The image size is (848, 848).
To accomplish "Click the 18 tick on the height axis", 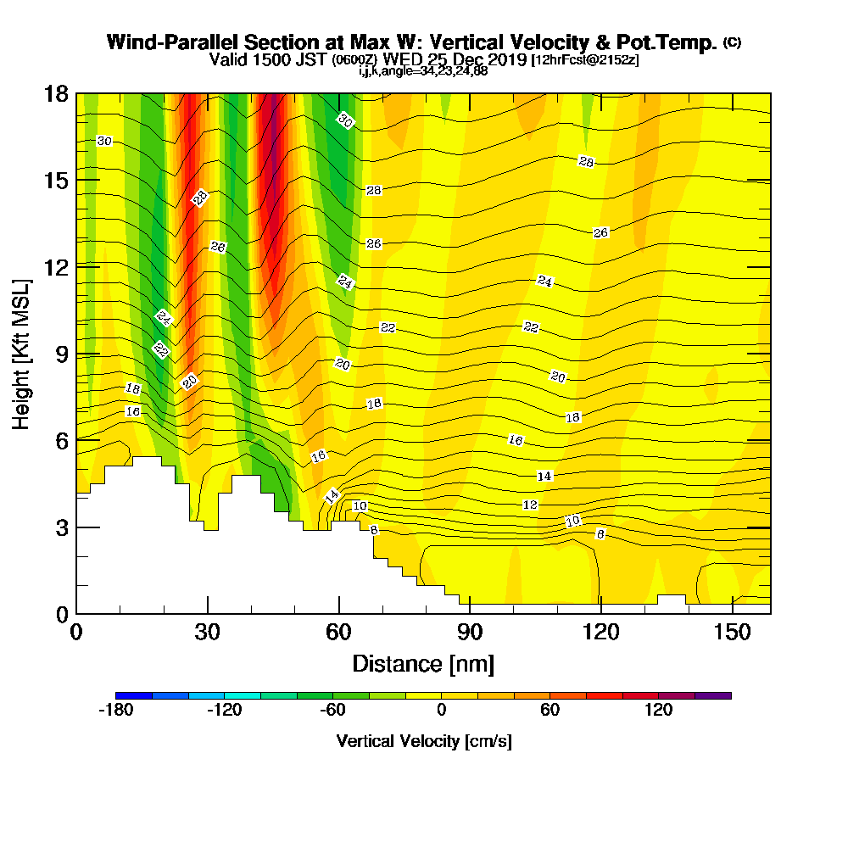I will coord(56,93).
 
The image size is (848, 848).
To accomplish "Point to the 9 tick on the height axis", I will coord(62,354).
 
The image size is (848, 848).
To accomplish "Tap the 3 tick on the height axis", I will coord(62,527).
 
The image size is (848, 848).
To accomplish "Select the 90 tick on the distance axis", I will coord(469,633).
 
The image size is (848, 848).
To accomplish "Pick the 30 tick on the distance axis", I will coord(208,633).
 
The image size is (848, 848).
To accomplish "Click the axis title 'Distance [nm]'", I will coord(423,663).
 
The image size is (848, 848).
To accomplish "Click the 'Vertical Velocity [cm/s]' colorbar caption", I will coord(424,741).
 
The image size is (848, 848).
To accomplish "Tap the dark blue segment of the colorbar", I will coord(134,695).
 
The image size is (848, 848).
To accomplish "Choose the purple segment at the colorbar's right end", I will coord(713,695).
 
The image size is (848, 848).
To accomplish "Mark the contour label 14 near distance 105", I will coord(544,476).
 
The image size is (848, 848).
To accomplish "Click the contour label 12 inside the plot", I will coord(531,505).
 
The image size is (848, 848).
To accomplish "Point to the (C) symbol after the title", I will coord(733,42).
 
